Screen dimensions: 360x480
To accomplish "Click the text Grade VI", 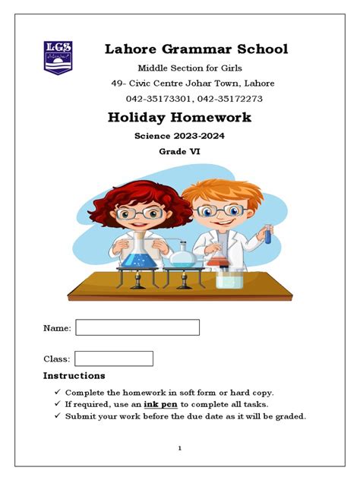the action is tap(179, 152).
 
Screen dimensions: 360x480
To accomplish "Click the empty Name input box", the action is tap(137, 327).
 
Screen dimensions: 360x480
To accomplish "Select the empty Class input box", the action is tap(114, 358).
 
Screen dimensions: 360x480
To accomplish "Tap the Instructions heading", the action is tap(74, 376).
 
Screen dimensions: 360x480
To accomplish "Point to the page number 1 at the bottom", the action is tap(180, 449).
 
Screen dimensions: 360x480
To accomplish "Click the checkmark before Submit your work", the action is tap(58, 416).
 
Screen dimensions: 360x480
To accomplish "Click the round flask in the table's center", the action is tap(182, 257).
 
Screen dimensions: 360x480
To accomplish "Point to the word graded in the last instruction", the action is tap(288, 416).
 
